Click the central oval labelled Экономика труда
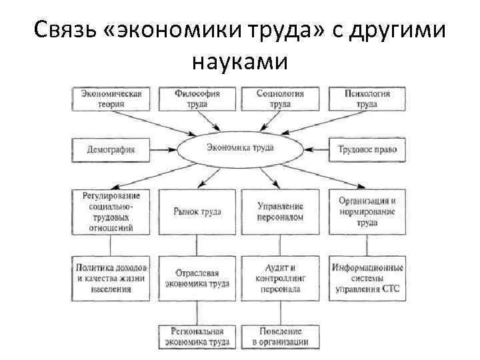coord(240,148)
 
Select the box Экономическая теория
coord(111,99)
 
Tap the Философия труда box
coord(197,99)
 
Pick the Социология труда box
coord(281,99)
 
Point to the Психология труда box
coord(367,99)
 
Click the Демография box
coord(111,149)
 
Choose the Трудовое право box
coord(367,149)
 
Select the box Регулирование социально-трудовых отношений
coord(111,211)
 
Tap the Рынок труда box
coord(197,211)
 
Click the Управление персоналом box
coord(281,211)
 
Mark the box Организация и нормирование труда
coord(367,211)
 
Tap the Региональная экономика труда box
coord(197,337)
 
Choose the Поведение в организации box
coord(281,337)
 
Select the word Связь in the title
coord(65,30)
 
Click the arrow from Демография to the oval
coord(166,149)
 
